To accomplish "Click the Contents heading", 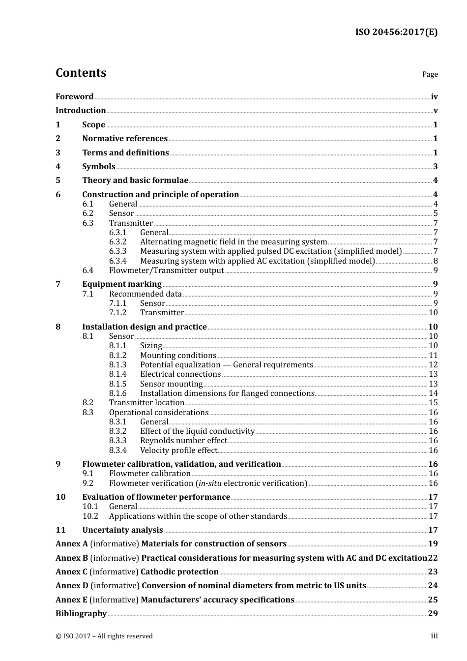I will [x=81, y=73].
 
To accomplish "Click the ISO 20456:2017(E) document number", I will [x=396, y=32].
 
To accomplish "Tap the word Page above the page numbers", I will [x=430, y=74].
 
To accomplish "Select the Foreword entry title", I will [x=74, y=97].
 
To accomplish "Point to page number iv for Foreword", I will [x=434, y=97].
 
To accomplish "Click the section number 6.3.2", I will [x=117, y=242].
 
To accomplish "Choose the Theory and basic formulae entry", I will [x=135, y=180].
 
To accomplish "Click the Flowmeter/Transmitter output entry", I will [x=166, y=270].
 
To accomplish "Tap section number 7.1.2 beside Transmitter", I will [x=117, y=313].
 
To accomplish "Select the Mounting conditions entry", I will [x=178, y=356].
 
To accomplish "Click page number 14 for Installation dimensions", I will [x=433, y=393].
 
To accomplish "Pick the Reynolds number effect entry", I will [x=183, y=441].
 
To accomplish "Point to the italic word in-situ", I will [x=209, y=483].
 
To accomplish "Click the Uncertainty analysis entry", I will [x=122, y=530].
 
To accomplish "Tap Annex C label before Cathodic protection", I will [x=71, y=572].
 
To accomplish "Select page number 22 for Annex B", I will [x=433, y=558].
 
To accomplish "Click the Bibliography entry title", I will [x=81, y=614].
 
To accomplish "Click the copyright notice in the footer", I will [x=104, y=636].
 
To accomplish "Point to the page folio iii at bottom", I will [x=434, y=636].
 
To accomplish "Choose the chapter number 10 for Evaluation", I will [x=60, y=497].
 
